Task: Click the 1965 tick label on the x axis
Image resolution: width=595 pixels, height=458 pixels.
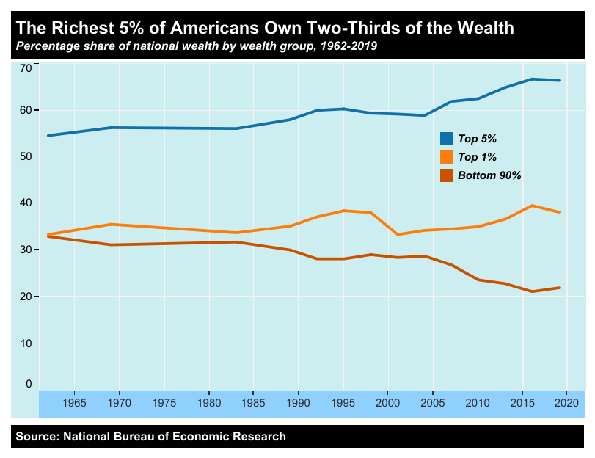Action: click(x=75, y=404)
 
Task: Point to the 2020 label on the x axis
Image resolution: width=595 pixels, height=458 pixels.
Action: click(x=566, y=404)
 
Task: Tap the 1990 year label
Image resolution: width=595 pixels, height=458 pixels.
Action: click(x=298, y=404)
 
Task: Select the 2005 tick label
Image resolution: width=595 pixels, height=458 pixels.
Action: click(x=432, y=404)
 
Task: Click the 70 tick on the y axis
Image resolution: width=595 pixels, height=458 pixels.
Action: click(x=26, y=68)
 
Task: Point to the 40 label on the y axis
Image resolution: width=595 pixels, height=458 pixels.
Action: click(x=26, y=203)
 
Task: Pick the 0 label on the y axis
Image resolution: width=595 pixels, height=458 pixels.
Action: click(x=29, y=384)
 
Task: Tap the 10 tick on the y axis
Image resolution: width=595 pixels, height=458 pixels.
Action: click(x=26, y=343)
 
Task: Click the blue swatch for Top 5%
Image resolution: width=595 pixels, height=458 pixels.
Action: click(x=447, y=139)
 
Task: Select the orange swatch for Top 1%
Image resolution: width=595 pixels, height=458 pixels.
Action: click(x=447, y=157)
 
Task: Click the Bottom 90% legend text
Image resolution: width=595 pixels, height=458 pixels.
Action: click(x=489, y=176)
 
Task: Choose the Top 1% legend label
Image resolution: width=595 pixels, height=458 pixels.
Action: click(x=478, y=157)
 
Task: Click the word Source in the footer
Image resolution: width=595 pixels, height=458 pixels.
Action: click(x=34, y=437)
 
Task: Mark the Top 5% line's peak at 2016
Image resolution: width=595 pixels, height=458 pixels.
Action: click(x=531, y=79)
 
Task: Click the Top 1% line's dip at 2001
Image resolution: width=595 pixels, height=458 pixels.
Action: click(x=397, y=234)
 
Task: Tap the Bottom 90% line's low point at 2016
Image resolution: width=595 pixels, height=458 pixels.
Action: click(x=531, y=291)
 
